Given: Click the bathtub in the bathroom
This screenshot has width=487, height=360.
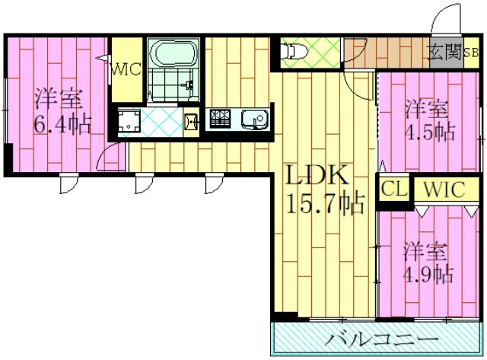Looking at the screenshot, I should [x=174, y=54].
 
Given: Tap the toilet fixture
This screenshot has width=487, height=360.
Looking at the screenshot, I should [x=294, y=51].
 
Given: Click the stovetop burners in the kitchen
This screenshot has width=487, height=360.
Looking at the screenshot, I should [x=221, y=119].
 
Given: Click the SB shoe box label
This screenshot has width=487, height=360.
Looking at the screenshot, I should [x=471, y=53].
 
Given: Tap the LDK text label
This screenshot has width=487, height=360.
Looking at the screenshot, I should [x=317, y=177].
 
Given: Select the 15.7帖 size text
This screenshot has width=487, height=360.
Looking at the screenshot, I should [x=325, y=202].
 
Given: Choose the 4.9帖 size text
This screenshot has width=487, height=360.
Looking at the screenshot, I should [x=429, y=272].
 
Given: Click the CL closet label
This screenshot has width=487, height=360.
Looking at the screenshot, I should [x=394, y=190].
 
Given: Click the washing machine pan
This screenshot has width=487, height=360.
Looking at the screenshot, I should [x=129, y=121].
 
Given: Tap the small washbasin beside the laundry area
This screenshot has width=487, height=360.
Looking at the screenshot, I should [x=191, y=120].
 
